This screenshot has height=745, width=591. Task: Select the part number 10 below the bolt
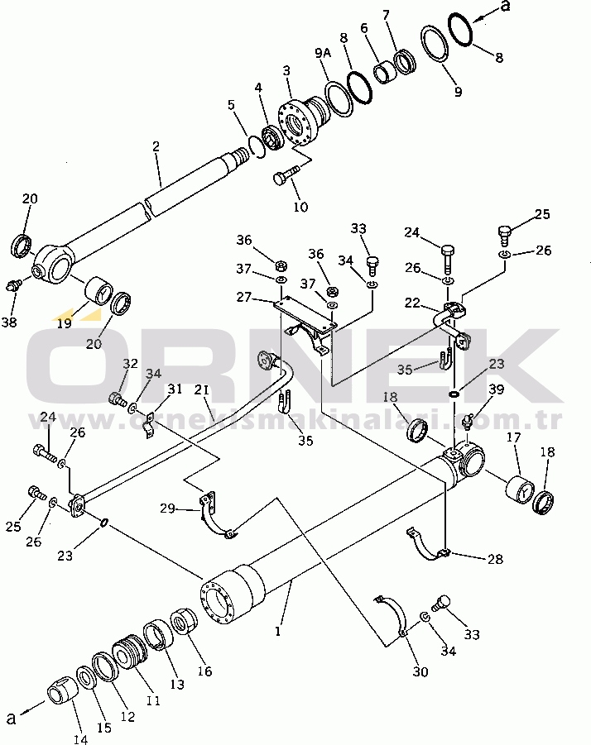pyautogui.click(x=299, y=206)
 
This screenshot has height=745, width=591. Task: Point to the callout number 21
pyautogui.click(x=203, y=389)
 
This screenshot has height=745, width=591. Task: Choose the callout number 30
pyautogui.click(x=420, y=671)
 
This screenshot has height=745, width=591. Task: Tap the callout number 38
pyautogui.click(x=9, y=322)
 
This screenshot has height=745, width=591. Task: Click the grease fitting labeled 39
pyautogui.click(x=468, y=422)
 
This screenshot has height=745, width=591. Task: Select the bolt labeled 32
pyautogui.click(x=117, y=400)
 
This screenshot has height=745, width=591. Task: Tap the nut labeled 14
pyautogui.click(x=61, y=687)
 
